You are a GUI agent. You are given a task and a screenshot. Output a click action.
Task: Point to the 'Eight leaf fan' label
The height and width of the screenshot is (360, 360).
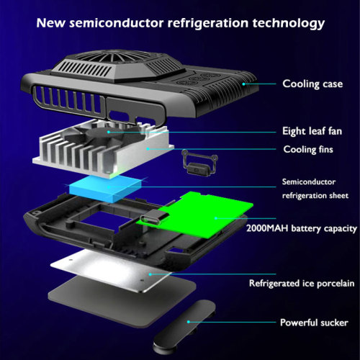(x=312, y=131)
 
